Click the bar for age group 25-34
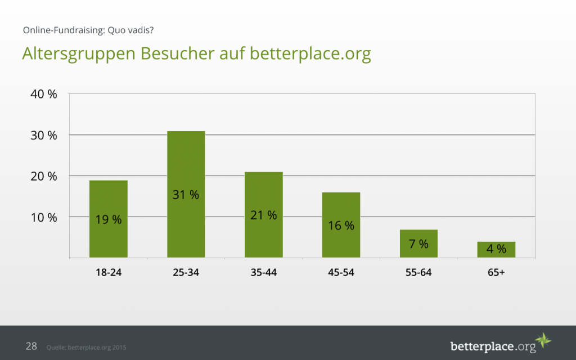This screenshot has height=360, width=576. pyautogui.click(x=186, y=169)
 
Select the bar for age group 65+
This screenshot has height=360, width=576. pyautogui.click(x=496, y=249)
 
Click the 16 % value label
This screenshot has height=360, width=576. pyautogui.click(x=341, y=226)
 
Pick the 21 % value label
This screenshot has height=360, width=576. pyautogui.click(x=264, y=215)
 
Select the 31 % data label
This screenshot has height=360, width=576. pyautogui.click(x=186, y=195)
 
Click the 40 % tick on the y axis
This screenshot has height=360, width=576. pyautogui.click(x=44, y=94)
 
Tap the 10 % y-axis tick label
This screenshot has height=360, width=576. pyautogui.click(x=44, y=217)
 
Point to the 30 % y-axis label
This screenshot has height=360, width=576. pyautogui.click(x=44, y=136)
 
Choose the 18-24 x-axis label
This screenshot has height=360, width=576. pyautogui.click(x=109, y=273)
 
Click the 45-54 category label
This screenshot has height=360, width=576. pyautogui.click(x=341, y=273)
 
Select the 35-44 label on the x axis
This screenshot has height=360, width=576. pyautogui.click(x=264, y=273)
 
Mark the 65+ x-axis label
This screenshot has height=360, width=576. pyautogui.click(x=496, y=273)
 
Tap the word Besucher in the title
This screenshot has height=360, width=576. pyautogui.click(x=177, y=54)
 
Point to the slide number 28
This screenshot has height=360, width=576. pyautogui.click(x=31, y=346)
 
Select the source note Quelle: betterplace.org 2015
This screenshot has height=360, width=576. pyautogui.click(x=86, y=348)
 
